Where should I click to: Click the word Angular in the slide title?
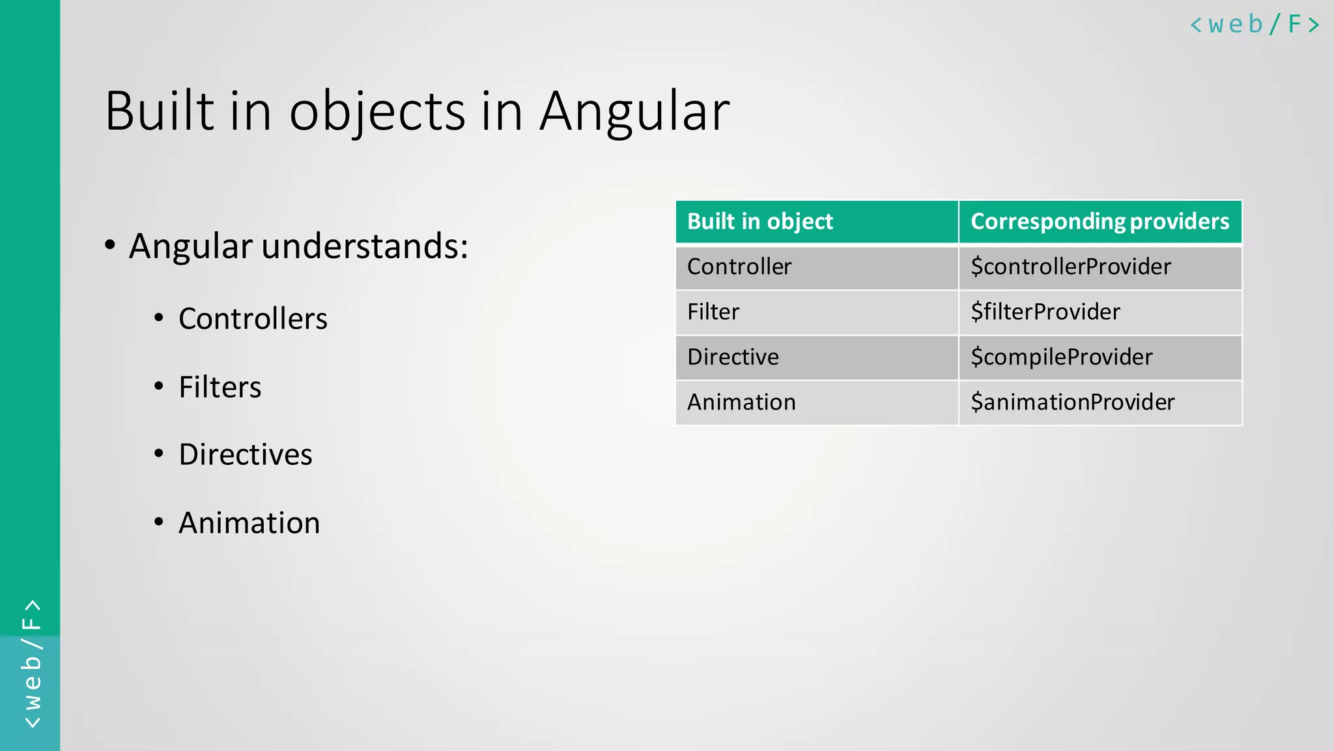click(634, 112)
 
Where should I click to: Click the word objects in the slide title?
click(377, 112)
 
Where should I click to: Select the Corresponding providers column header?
click(1100, 222)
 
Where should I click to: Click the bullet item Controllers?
click(253, 319)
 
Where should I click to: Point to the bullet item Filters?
click(220, 387)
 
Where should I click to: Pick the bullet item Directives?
click(246, 454)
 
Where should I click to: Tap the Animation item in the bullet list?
click(249, 523)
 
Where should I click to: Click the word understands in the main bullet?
click(365, 246)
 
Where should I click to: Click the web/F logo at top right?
click(1255, 25)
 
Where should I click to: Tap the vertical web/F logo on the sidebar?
click(31, 664)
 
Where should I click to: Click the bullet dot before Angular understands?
click(110, 246)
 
